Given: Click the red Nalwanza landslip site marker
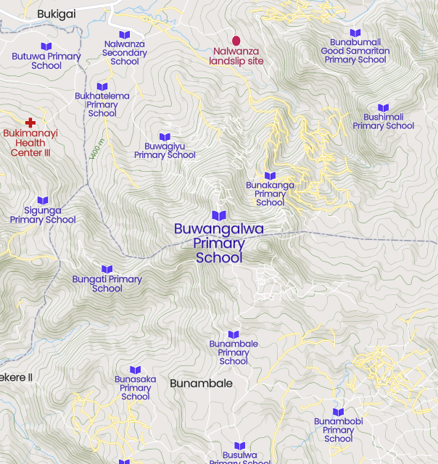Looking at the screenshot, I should (236, 41).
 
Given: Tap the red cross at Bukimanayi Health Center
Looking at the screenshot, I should (30, 123).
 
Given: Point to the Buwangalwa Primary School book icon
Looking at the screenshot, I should (219, 215).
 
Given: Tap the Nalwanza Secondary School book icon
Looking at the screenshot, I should (124, 35).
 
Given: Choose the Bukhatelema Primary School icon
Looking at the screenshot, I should (102, 87).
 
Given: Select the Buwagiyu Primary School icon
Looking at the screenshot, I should (165, 137).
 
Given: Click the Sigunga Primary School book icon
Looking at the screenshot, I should (43, 200).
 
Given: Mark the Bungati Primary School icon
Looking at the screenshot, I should (107, 270).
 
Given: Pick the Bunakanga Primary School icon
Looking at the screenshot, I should (270, 175).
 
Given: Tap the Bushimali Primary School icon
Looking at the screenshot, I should (384, 108).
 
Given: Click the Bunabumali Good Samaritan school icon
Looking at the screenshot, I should (355, 33).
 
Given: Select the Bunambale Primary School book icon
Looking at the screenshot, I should (234, 334).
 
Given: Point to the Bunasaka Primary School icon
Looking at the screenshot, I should (136, 370).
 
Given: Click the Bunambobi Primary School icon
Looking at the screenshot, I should (338, 412).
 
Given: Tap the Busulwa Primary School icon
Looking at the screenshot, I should (240, 446).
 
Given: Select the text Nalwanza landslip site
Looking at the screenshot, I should (236, 57).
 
